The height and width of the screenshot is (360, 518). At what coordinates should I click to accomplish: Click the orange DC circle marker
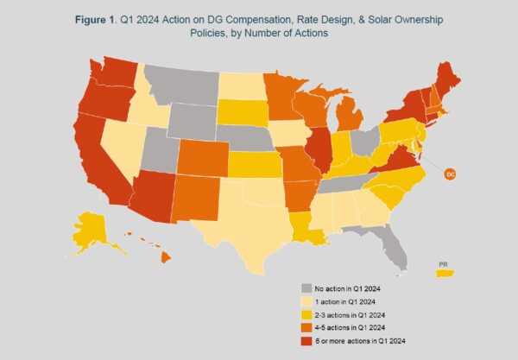[x=449, y=174]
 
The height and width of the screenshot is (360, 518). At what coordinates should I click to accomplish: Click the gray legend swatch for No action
[x=306, y=288]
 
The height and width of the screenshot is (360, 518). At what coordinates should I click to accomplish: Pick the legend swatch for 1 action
[x=306, y=300]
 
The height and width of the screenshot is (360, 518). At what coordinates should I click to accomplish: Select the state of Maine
[x=452, y=82]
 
